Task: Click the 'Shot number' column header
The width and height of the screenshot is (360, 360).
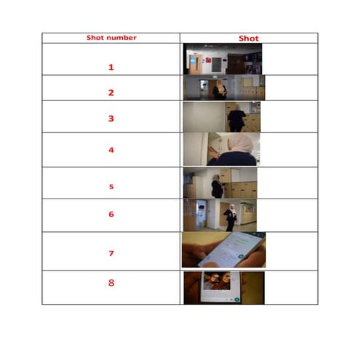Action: [x=111, y=37]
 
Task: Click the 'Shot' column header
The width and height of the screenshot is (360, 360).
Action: [x=248, y=38]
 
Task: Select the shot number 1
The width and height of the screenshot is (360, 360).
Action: [x=111, y=67]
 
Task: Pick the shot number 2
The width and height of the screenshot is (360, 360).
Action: [x=111, y=92]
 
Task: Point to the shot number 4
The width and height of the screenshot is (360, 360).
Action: [x=111, y=151]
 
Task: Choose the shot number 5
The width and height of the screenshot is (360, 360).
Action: [x=111, y=186]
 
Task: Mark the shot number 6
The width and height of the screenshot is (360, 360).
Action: [x=111, y=215]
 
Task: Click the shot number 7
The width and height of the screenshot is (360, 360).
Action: [x=111, y=253]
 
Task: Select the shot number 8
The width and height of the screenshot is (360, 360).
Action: [x=111, y=282]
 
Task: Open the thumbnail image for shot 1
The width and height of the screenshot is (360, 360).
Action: [x=223, y=59]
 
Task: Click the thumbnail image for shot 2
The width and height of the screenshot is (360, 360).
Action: [x=223, y=87]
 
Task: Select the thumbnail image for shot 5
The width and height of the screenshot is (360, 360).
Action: [x=220, y=183]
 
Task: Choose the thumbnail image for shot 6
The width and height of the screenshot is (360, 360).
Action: [x=220, y=215]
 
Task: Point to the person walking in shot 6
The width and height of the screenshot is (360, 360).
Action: [x=230, y=217]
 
